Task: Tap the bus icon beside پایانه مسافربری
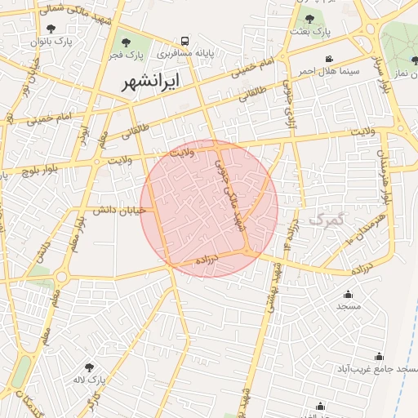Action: [x=185, y=40]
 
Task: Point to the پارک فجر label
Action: [x=128, y=54]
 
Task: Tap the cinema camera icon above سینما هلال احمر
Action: [x=328, y=59]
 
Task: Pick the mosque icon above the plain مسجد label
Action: [x=349, y=294]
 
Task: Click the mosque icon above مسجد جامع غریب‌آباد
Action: [x=379, y=356]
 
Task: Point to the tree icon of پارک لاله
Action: [x=89, y=367]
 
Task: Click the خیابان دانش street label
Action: [x=120, y=210]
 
